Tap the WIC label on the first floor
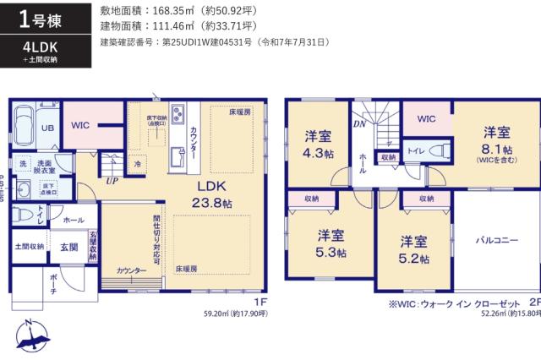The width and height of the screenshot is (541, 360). [81, 125]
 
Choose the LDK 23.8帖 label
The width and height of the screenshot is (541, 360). [217, 194]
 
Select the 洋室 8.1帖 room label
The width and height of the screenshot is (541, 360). [496, 141]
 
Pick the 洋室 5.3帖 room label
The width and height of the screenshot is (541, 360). [331, 243]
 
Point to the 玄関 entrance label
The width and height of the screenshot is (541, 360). [69, 247]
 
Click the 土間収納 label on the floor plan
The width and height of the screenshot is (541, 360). [29, 247]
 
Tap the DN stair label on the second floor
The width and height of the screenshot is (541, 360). [358, 123]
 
